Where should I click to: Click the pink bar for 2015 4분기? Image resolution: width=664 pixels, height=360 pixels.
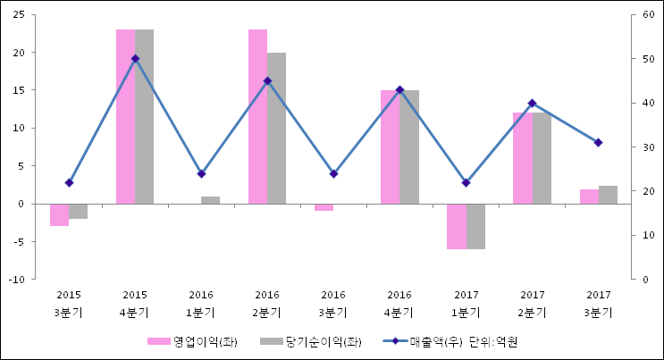[x=125, y=116]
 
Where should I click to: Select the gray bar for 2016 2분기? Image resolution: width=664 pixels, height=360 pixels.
[x=276, y=128]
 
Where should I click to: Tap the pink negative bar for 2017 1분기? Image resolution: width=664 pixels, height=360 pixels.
[x=457, y=226]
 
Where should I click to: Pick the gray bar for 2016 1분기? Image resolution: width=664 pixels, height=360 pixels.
[x=210, y=200]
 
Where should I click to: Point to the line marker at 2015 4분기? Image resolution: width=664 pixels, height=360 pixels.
[x=135, y=59]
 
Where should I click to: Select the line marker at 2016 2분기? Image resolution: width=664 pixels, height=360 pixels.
[x=267, y=81]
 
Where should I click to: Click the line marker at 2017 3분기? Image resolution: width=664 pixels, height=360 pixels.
[x=598, y=143]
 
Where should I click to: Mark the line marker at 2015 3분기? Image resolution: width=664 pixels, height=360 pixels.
[x=69, y=182]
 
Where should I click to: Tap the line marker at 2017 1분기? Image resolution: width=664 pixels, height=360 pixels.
[x=466, y=182]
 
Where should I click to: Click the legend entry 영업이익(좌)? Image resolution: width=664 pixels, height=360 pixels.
[x=192, y=341]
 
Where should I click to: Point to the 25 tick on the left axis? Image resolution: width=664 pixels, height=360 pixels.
[x=19, y=15]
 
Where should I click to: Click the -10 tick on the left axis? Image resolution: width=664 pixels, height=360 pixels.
[x=17, y=279]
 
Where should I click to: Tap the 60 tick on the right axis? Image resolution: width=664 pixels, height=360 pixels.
[x=648, y=15]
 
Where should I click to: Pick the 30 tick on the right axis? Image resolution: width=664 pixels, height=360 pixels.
[x=648, y=147]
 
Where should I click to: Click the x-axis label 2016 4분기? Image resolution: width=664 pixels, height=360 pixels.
[x=399, y=304]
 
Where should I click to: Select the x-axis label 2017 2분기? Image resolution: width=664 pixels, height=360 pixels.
[x=532, y=304]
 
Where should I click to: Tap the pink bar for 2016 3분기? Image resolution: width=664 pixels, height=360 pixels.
[x=324, y=207]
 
